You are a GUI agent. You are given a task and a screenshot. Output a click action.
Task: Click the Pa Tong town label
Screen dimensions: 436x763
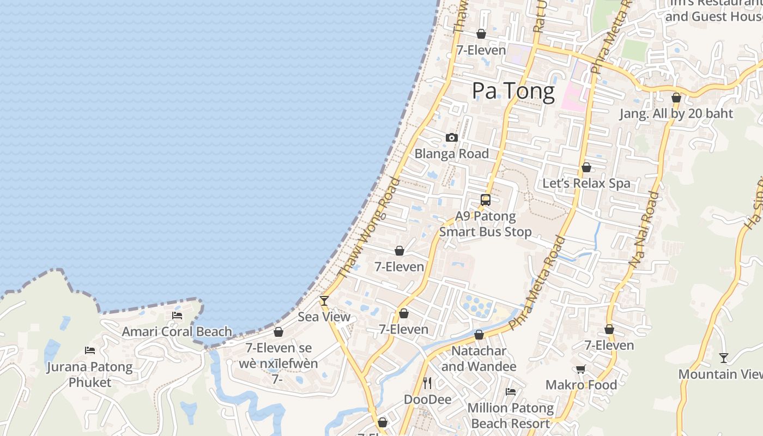click(513, 91)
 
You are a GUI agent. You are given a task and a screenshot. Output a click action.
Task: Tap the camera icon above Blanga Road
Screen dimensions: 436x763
click(451, 138)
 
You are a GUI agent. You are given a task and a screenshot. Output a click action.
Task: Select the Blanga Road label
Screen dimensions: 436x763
click(451, 154)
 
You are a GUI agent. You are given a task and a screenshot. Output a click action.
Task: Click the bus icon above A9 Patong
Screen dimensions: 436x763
click(486, 200)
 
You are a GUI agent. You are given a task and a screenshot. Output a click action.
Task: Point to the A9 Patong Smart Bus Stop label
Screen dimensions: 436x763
click(486, 224)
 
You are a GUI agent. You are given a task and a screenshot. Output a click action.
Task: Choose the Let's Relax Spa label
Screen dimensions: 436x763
click(586, 184)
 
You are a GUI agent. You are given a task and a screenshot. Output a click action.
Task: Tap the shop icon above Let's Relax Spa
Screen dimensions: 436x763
click(586, 167)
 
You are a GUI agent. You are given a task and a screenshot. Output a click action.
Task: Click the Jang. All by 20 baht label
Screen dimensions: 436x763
click(676, 114)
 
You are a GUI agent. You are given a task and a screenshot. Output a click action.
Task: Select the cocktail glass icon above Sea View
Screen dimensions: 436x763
click(324, 300)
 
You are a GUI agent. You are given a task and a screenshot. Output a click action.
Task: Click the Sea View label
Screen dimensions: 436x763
click(324, 317)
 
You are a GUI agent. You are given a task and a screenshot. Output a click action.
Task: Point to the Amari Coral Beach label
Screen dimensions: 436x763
click(177, 331)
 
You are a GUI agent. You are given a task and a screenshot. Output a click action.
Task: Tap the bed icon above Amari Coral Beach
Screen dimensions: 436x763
click(177, 315)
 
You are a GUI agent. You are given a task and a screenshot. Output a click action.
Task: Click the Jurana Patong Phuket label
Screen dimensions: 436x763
click(90, 374)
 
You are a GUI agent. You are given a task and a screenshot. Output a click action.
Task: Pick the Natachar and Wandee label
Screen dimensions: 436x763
click(479, 359)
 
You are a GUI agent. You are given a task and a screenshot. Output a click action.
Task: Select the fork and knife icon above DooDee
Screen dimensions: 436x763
click(427, 383)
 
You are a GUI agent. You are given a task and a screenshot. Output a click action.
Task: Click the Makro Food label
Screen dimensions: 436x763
click(581, 385)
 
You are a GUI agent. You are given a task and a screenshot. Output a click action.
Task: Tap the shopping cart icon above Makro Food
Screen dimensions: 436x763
click(581, 369)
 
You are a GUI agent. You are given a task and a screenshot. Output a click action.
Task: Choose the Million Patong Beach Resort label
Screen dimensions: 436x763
click(511, 415)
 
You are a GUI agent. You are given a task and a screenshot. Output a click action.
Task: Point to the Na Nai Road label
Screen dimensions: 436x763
click(644, 229)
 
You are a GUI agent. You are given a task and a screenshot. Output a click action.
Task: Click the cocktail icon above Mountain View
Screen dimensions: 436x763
click(723, 358)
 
